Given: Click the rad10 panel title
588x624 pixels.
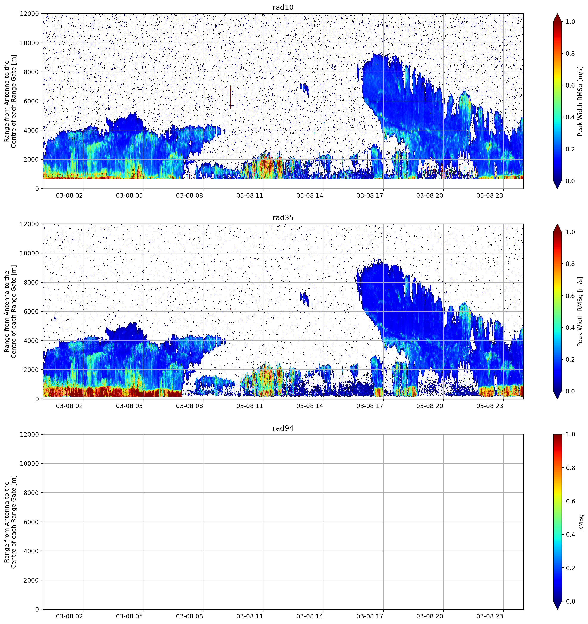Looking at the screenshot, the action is [x=283, y=7].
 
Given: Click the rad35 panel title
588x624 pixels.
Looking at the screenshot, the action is [x=283, y=218].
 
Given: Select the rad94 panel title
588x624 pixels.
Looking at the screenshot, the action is [x=283, y=428].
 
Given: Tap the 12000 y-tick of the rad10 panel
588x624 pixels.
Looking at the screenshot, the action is [x=29, y=14].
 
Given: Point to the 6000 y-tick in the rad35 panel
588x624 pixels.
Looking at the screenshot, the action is [x=31, y=311].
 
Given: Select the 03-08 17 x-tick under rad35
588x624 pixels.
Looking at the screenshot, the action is [x=370, y=406].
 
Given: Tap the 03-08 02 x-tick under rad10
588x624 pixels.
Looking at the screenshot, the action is [x=70, y=195].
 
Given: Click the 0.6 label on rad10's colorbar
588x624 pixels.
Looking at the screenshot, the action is [x=570, y=85].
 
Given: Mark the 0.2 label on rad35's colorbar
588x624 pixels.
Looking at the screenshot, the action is [x=570, y=359].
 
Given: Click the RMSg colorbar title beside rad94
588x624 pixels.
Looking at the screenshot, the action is [x=581, y=522].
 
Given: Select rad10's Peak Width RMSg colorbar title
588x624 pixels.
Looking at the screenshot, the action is [x=580, y=101].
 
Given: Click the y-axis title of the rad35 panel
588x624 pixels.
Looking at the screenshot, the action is [x=10, y=311].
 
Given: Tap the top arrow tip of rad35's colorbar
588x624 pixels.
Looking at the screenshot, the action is [x=557, y=224].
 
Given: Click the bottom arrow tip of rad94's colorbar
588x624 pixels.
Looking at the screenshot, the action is [x=557, y=609].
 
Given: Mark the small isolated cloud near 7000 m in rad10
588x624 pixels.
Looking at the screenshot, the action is [x=304, y=89].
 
